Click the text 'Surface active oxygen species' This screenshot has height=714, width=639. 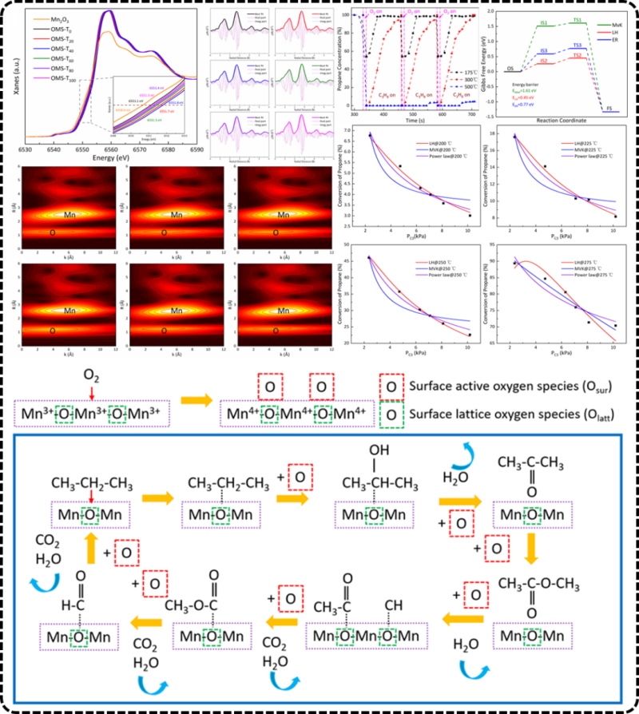(x=494, y=389)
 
